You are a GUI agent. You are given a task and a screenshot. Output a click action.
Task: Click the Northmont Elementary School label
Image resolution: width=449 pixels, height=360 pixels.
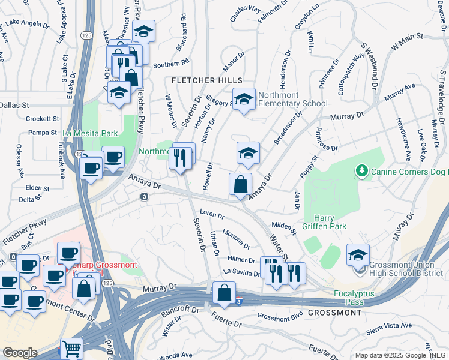(293, 99)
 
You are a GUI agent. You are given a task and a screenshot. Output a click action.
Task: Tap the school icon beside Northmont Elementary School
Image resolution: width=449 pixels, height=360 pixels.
(243, 99)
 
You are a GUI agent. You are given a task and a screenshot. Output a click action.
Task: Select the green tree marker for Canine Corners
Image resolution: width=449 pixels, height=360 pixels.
(361, 172)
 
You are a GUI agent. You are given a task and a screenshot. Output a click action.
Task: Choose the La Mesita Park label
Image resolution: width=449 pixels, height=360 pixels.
(92, 133)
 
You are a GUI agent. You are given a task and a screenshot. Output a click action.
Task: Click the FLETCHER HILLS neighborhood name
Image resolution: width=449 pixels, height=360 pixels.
(207, 80)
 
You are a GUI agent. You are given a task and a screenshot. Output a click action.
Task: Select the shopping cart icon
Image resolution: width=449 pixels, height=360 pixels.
(72, 348)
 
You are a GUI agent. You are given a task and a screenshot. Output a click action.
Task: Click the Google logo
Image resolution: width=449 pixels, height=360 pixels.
(20, 353)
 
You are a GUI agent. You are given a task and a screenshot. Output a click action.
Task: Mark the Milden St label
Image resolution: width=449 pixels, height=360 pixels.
(284, 227)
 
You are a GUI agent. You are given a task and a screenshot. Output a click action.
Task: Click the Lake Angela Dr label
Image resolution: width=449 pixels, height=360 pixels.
(27, 24)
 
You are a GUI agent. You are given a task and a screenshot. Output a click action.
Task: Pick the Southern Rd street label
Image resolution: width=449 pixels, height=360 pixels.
(170, 62)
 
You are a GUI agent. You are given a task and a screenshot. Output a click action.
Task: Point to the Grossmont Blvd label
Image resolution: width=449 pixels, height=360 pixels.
(280, 316)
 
